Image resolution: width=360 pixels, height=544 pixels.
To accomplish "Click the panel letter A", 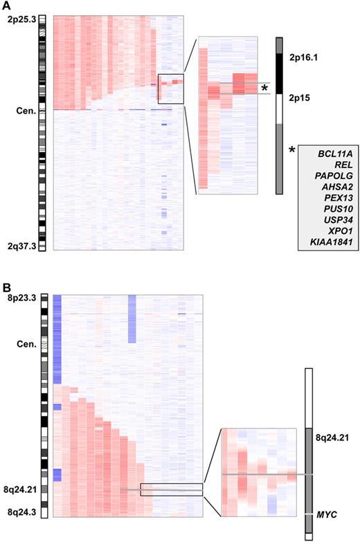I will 6,6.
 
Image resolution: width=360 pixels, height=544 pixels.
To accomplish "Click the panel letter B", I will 6,284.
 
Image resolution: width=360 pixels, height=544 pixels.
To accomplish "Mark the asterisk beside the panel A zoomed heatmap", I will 264,88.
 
